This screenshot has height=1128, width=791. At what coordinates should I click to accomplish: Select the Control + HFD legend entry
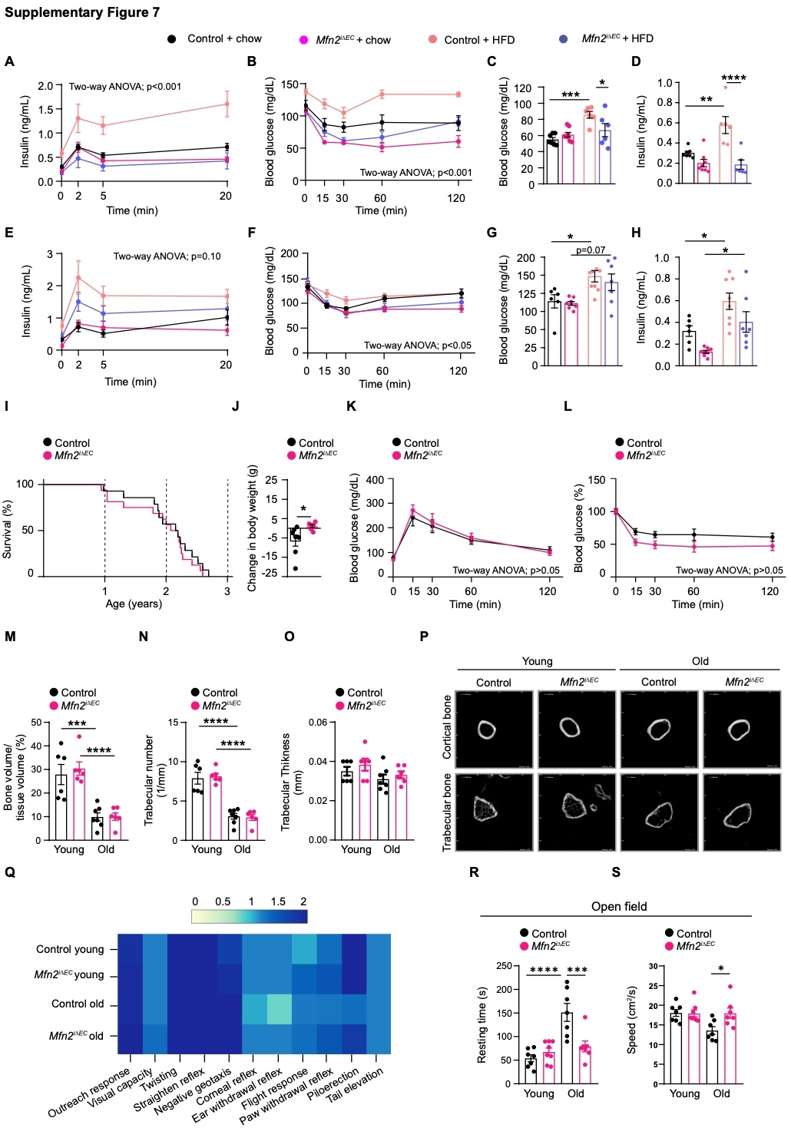[x=479, y=39]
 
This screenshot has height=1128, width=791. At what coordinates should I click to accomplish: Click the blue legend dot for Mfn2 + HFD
[x=564, y=38]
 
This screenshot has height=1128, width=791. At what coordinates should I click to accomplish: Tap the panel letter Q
[x=10, y=872]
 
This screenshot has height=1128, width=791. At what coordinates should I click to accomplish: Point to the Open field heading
[x=618, y=906]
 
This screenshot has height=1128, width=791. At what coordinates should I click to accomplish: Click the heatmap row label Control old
[x=78, y=1004]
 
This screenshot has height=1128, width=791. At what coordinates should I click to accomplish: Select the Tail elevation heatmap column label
[x=355, y=1085]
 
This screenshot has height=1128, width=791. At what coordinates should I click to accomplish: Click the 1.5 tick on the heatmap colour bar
[x=278, y=901]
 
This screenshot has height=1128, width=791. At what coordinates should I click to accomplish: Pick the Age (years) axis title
[x=134, y=604]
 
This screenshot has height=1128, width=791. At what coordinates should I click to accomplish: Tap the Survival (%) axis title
[x=8, y=530]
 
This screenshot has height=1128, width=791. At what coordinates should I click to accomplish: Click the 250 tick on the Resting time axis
[x=503, y=966]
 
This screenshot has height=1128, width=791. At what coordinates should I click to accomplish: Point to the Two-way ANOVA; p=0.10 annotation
[x=167, y=256]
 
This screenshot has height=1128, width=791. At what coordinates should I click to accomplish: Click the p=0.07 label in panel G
[x=590, y=250]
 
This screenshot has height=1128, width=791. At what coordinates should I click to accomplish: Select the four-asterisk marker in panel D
[x=733, y=78]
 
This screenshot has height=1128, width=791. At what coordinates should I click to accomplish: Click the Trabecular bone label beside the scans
[x=447, y=812]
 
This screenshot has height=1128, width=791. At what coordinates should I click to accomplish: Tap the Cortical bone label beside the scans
[x=447, y=726]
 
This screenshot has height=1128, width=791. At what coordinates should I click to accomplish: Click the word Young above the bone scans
[x=537, y=661]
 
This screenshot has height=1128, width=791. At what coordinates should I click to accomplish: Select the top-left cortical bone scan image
[x=494, y=729]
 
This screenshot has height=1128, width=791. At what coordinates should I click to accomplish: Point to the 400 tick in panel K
[x=375, y=481]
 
